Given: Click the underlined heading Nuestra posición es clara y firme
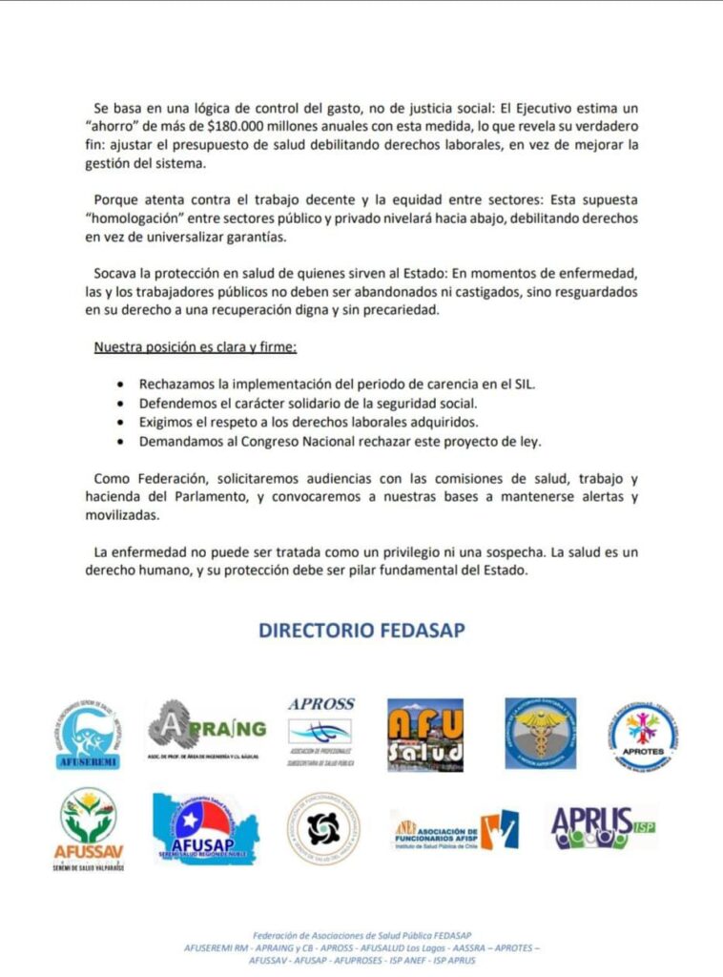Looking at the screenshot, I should (x=195, y=347).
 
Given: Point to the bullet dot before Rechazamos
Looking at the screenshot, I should (x=118, y=385).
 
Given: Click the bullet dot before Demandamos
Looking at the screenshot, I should (x=118, y=442).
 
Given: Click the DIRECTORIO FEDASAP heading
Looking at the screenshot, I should (x=361, y=632).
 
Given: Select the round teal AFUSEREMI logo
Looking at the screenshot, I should (x=86, y=736).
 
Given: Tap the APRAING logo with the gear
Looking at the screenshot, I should (x=206, y=731).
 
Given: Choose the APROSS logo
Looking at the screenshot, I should (x=320, y=733).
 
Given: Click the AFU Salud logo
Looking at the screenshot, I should (x=425, y=735).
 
